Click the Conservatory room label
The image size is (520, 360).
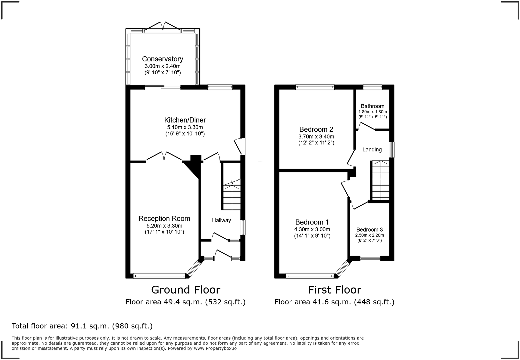[162, 59]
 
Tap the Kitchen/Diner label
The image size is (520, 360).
[185, 120]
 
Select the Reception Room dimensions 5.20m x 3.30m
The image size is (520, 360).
[164, 226]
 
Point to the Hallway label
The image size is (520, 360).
[221, 220]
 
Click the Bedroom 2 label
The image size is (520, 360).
[316, 129]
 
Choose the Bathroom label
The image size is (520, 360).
[372, 106]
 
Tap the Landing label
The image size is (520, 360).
[372, 150]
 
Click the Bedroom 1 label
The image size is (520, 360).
[312, 222]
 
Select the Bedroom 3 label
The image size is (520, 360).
[369, 230]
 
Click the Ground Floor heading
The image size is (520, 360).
[185, 290]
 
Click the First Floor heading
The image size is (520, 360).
[334, 290]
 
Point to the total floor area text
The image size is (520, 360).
[82, 326]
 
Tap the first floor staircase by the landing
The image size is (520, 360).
[380, 180]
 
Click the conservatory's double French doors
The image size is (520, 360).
[163, 27]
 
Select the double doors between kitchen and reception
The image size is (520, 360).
[164, 157]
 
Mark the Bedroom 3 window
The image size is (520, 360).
[370, 258]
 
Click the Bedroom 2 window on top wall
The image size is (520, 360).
[315, 87]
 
